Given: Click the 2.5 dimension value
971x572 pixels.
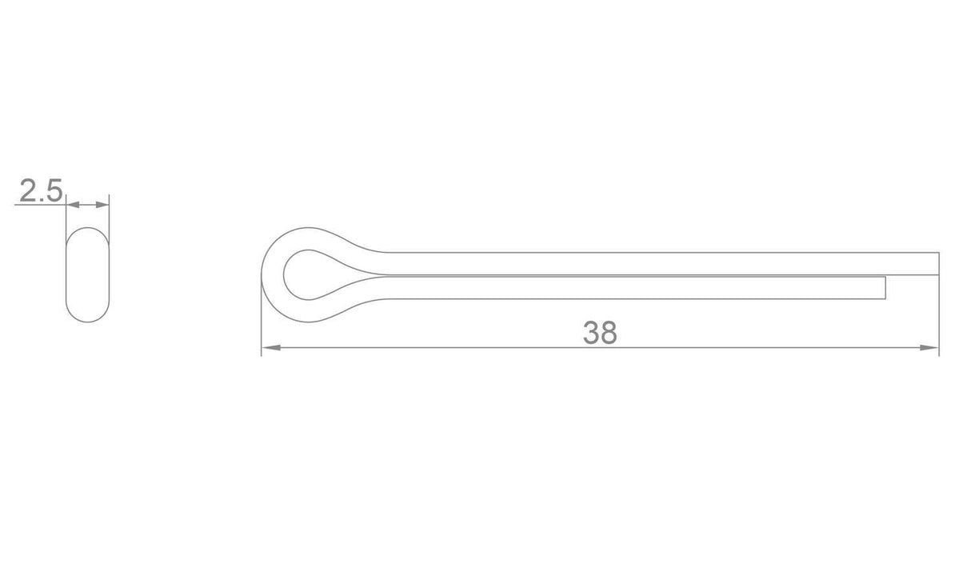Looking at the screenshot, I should click(x=40, y=191).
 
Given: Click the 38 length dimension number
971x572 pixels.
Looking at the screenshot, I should click(x=600, y=333).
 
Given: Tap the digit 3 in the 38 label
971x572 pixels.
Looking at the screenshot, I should click(x=591, y=333).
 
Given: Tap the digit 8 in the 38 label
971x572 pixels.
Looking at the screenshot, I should click(x=609, y=333).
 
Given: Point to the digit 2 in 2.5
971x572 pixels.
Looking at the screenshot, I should click(x=28, y=191).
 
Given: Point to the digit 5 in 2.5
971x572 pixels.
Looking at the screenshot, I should click(x=53, y=191).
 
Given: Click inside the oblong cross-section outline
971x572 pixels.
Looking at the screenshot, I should click(x=87, y=274).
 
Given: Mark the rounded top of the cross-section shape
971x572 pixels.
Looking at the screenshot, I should click(x=87, y=230).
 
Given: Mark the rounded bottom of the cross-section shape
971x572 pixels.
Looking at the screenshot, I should click(x=87, y=321).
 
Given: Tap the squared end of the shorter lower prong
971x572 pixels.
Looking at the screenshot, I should click(x=885, y=288).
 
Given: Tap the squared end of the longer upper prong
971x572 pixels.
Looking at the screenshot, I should click(x=938, y=263).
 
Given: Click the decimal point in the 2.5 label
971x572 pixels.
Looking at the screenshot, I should click(x=42, y=200).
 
